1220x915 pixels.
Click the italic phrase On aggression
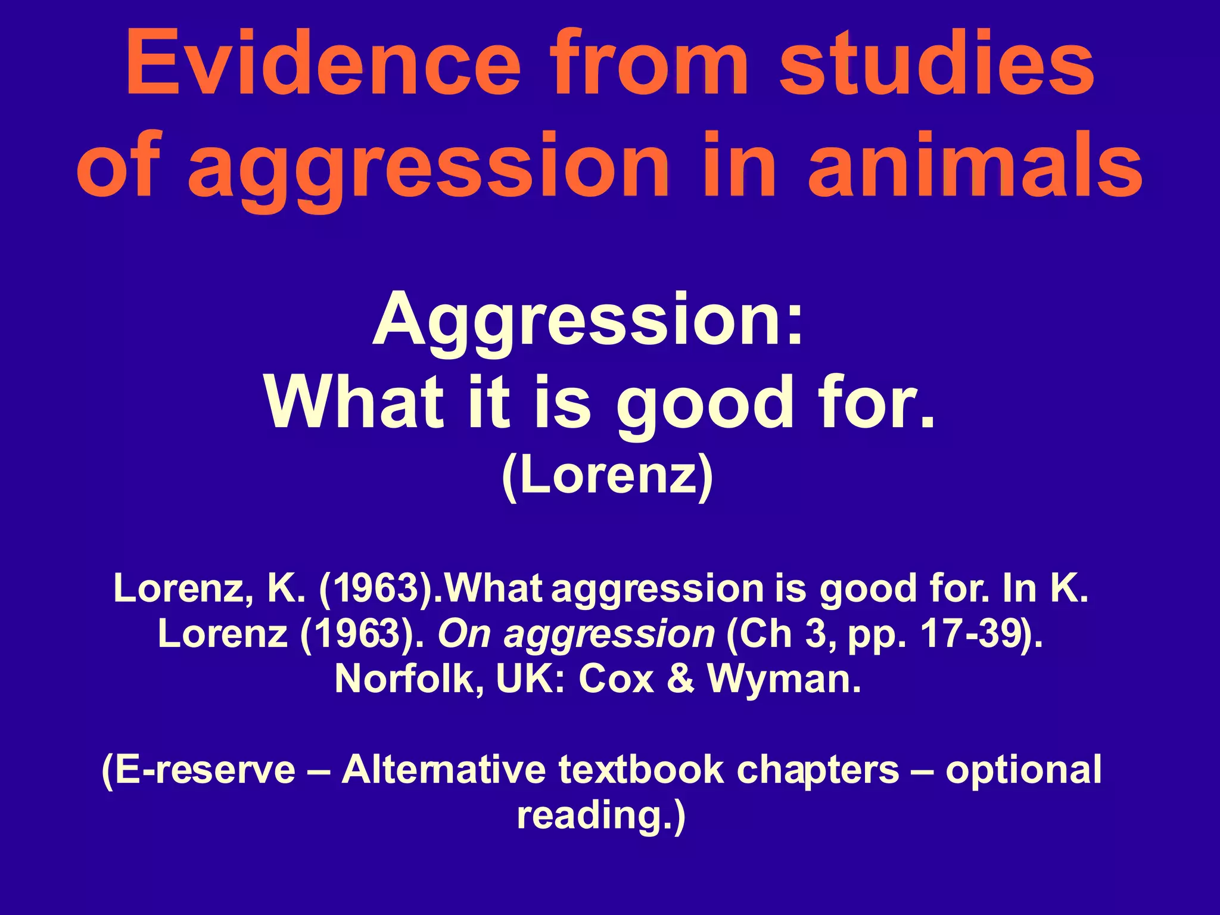(576, 634)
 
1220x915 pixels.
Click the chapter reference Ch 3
(782, 634)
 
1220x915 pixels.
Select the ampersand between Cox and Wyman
(681, 679)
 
